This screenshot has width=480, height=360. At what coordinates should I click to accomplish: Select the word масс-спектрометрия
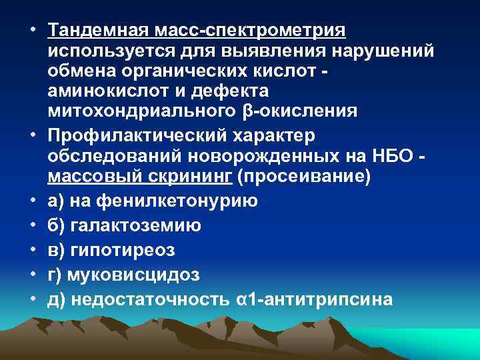250,31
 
